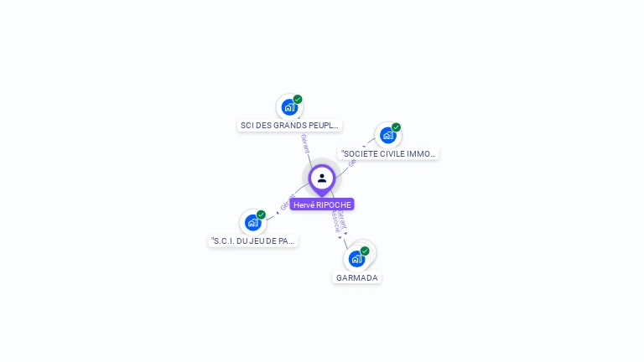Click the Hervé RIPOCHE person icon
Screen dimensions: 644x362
tap(322, 178)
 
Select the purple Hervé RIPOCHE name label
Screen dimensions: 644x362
tap(322, 204)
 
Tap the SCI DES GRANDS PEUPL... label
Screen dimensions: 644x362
tap(289, 126)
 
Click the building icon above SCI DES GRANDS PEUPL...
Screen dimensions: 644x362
tap(289, 107)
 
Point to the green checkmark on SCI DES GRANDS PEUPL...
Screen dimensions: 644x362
tap(298, 99)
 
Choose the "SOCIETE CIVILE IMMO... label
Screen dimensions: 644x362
tap(388, 154)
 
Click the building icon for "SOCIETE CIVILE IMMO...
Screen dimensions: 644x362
tap(387, 135)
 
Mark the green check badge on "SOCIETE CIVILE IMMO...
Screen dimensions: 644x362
tap(396, 127)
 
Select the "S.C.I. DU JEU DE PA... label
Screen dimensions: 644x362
tap(253, 240)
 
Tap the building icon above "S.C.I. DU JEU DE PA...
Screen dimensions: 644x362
tap(252, 222)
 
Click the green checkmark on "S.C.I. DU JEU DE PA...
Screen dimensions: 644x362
tap(261, 215)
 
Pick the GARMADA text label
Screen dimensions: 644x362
tap(357, 277)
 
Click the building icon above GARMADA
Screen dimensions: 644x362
tap(356, 258)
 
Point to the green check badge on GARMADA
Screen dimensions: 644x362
tap(365, 251)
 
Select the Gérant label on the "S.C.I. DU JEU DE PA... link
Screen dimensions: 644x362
tap(286, 203)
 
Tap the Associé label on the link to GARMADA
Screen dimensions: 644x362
tap(335, 221)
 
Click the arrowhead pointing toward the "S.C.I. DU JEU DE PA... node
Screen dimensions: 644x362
tap(278, 213)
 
